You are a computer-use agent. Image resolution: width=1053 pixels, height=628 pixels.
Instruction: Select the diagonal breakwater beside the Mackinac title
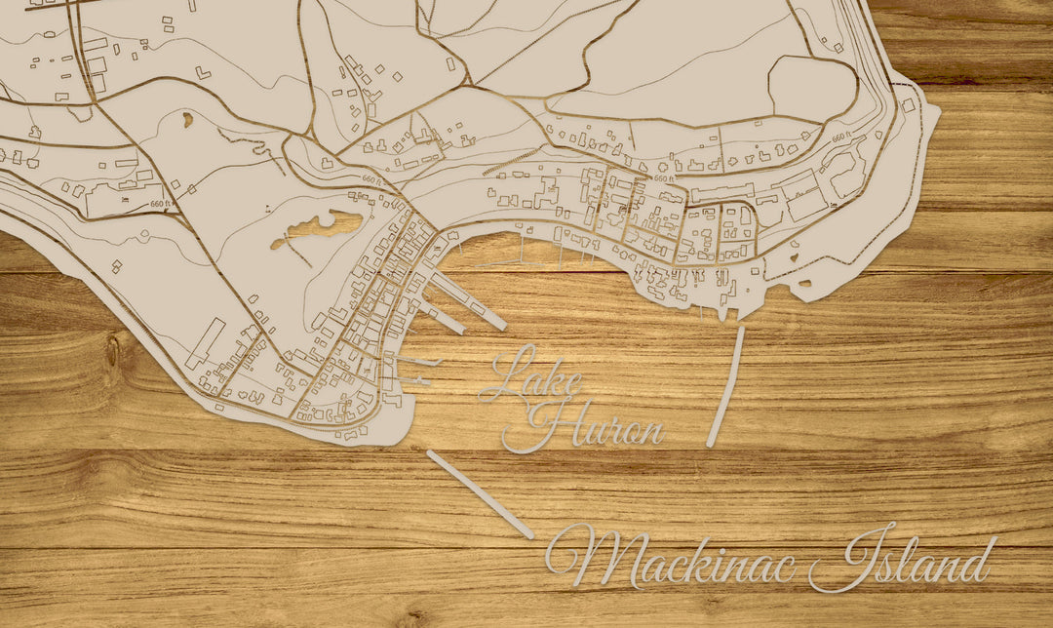(x=480, y=494)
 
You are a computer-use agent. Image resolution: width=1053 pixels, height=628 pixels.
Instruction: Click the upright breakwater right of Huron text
(x=725, y=387)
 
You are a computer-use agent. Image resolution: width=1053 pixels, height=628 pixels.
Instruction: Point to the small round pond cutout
(x=186, y=119)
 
